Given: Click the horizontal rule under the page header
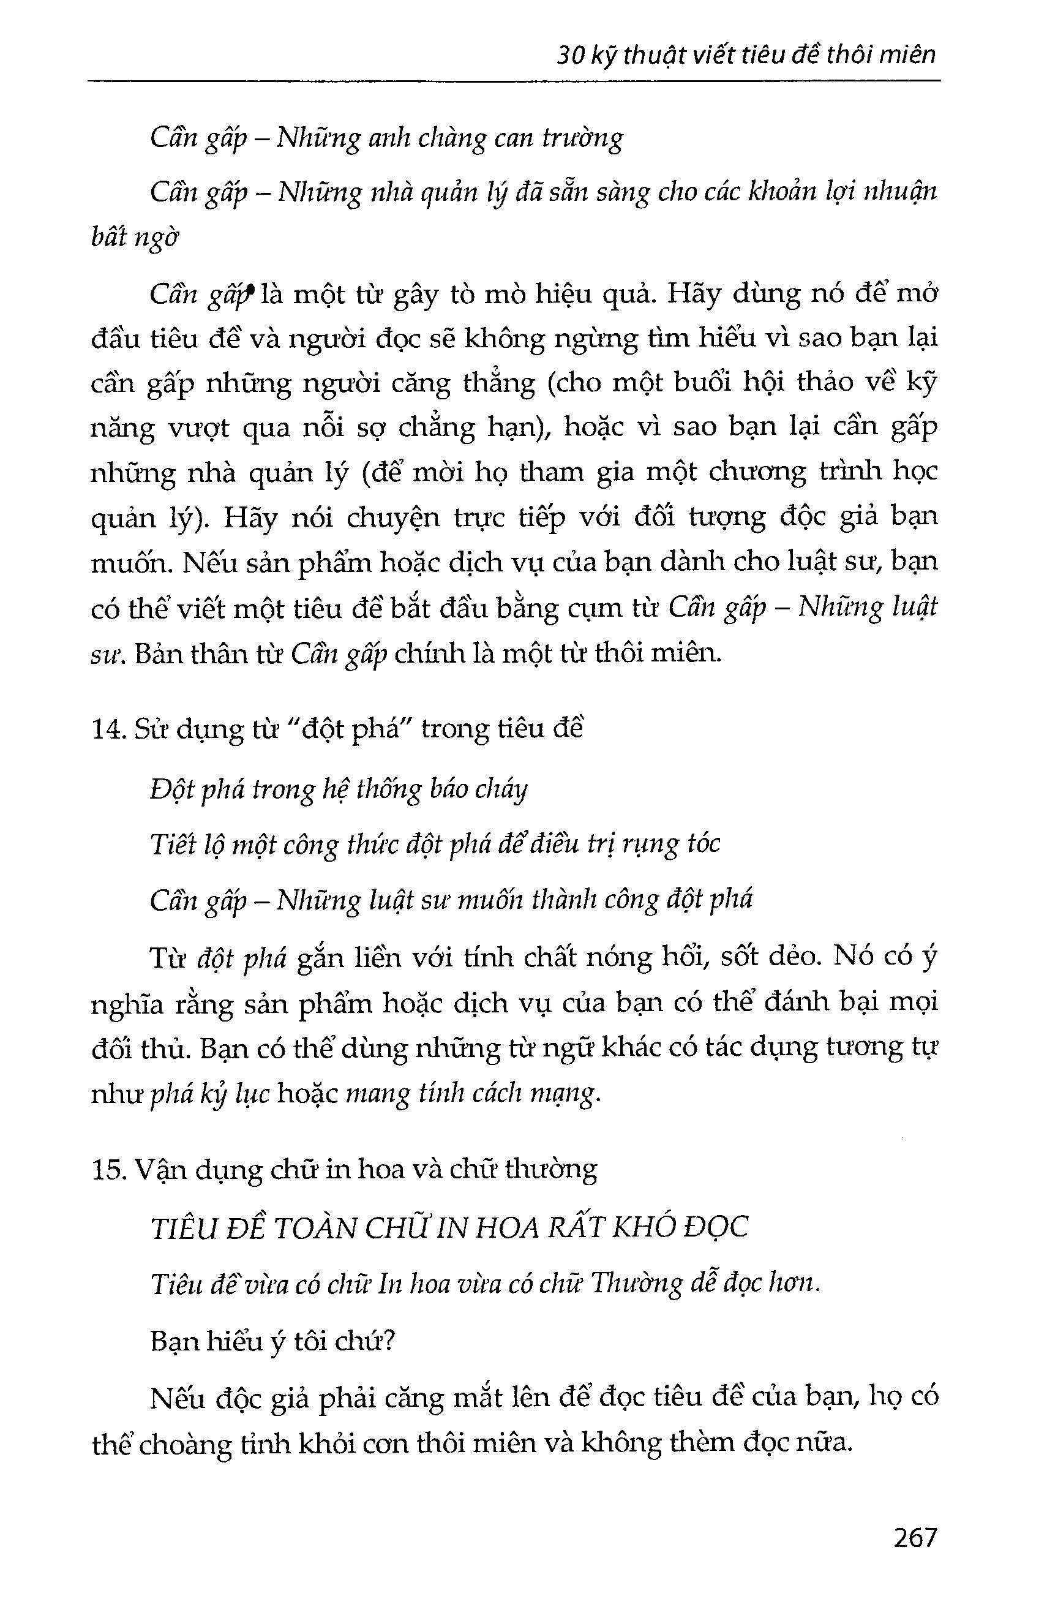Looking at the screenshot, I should [x=514, y=82].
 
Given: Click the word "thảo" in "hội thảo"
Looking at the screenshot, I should [x=825, y=383].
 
